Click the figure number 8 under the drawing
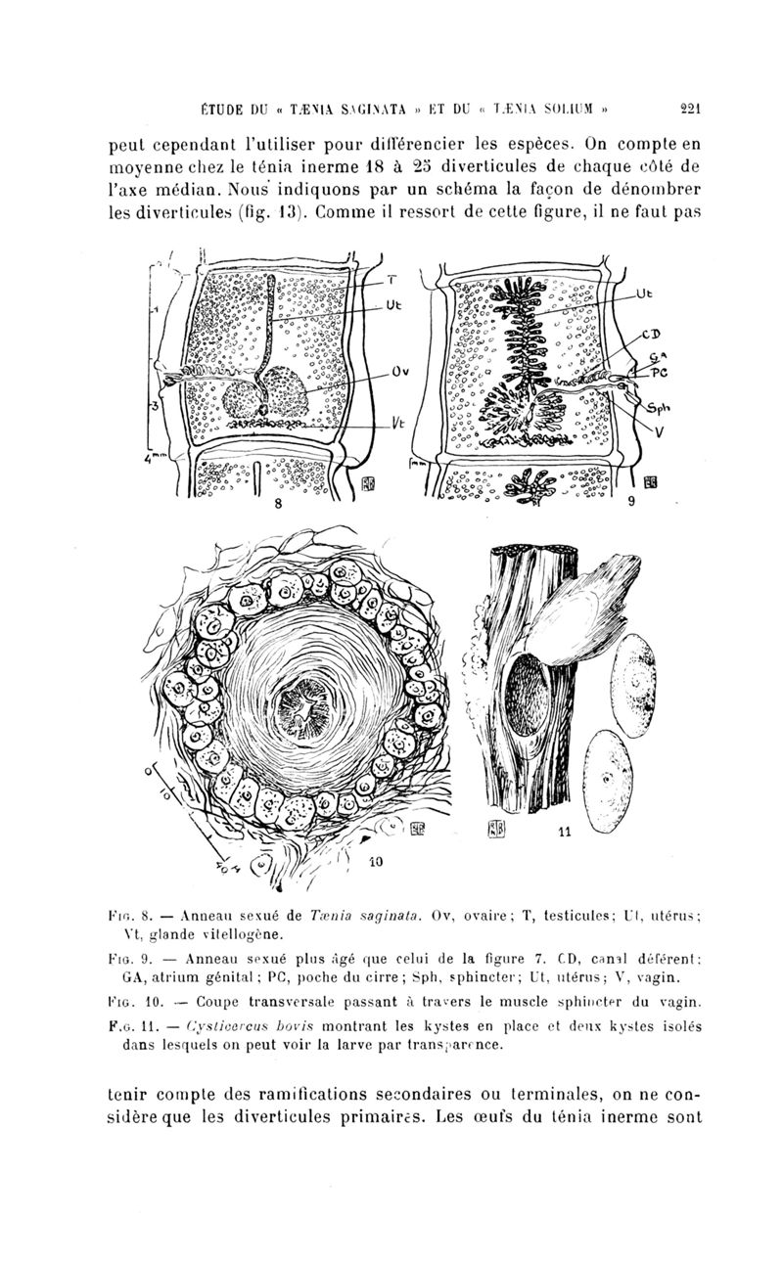click(x=278, y=506)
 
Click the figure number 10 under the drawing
click(x=375, y=864)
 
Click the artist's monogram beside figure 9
click(x=650, y=481)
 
